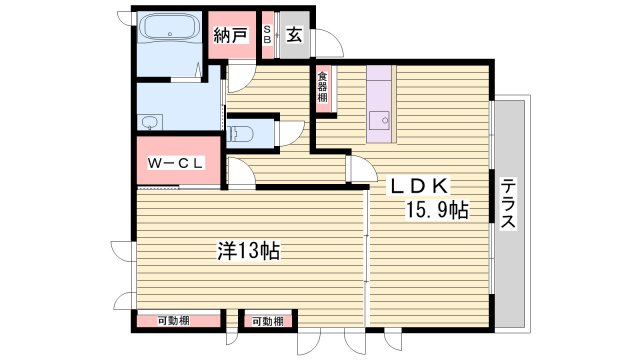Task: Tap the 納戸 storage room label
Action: point(230,36)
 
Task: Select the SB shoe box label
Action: point(267,36)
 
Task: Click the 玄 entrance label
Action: point(294,36)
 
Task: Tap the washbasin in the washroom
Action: point(151,123)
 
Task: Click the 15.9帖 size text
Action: point(436,211)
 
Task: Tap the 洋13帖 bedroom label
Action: point(247,251)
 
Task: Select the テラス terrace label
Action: point(509,205)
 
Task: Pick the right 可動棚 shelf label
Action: point(267,321)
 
